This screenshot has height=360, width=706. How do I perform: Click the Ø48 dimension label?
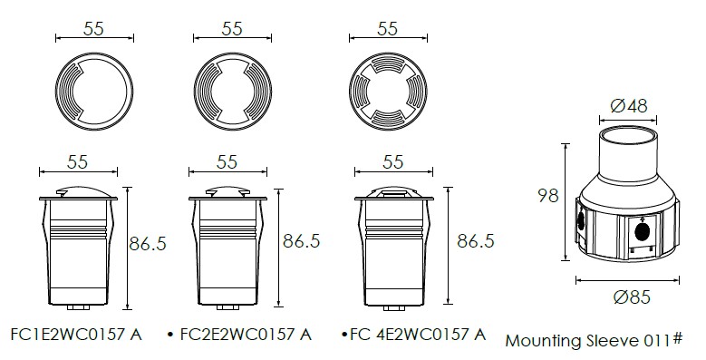point(629,106)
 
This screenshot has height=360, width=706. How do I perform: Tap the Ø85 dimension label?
point(632,297)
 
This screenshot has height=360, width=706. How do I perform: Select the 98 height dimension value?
point(547,196)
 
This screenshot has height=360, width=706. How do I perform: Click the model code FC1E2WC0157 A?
point(76,335)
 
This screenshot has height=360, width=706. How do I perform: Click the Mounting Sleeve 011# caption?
point(594,340)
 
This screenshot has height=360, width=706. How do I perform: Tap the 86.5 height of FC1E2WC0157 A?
point(148,244)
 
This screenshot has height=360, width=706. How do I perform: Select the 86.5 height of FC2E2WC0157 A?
point(301,241)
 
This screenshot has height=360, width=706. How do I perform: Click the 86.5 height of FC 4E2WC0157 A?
point(476,241)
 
